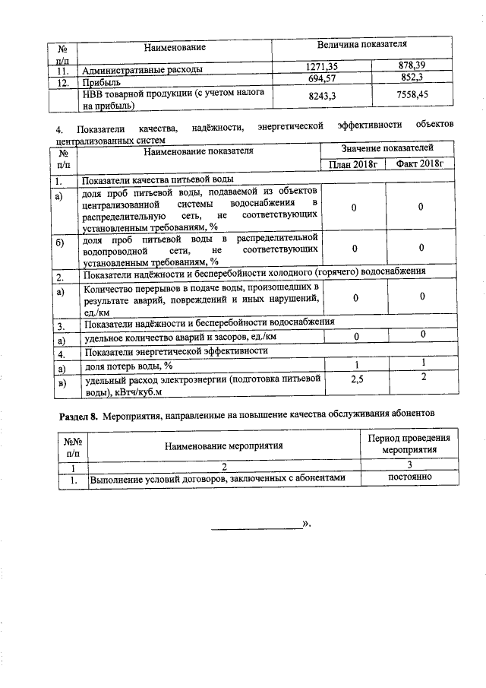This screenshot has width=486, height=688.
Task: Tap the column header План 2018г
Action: tap(355, 164)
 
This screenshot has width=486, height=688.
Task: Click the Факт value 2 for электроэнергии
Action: tap(424, 378)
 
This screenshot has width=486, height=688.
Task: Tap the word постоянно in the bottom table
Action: tap(410, 477)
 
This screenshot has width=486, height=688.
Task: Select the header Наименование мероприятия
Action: tap(224, 446)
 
